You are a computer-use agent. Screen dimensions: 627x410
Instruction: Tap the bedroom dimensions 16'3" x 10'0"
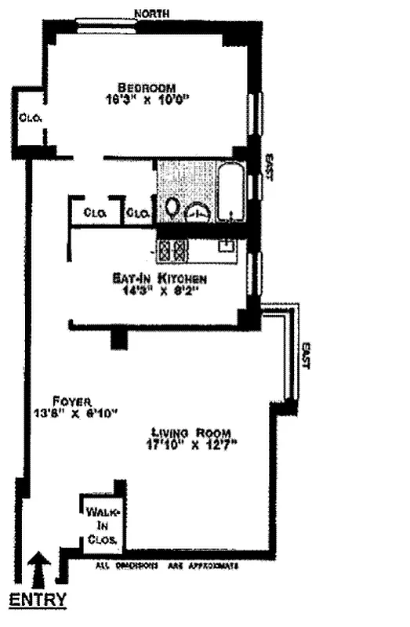pyautogui.click(x=147, y=99)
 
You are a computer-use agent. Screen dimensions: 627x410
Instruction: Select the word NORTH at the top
pyautogui.click(x=152, y=13)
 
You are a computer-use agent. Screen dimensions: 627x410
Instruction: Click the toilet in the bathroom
pyautogui.click(x=172, y=208)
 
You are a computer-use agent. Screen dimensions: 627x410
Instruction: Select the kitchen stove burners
pyautogui.click(x=172, y=250)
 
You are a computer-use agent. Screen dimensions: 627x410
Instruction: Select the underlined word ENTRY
pyautogui.click(x=37, y=601)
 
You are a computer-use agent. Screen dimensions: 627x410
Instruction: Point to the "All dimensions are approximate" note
pyautogui.click(x=166, y=565)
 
